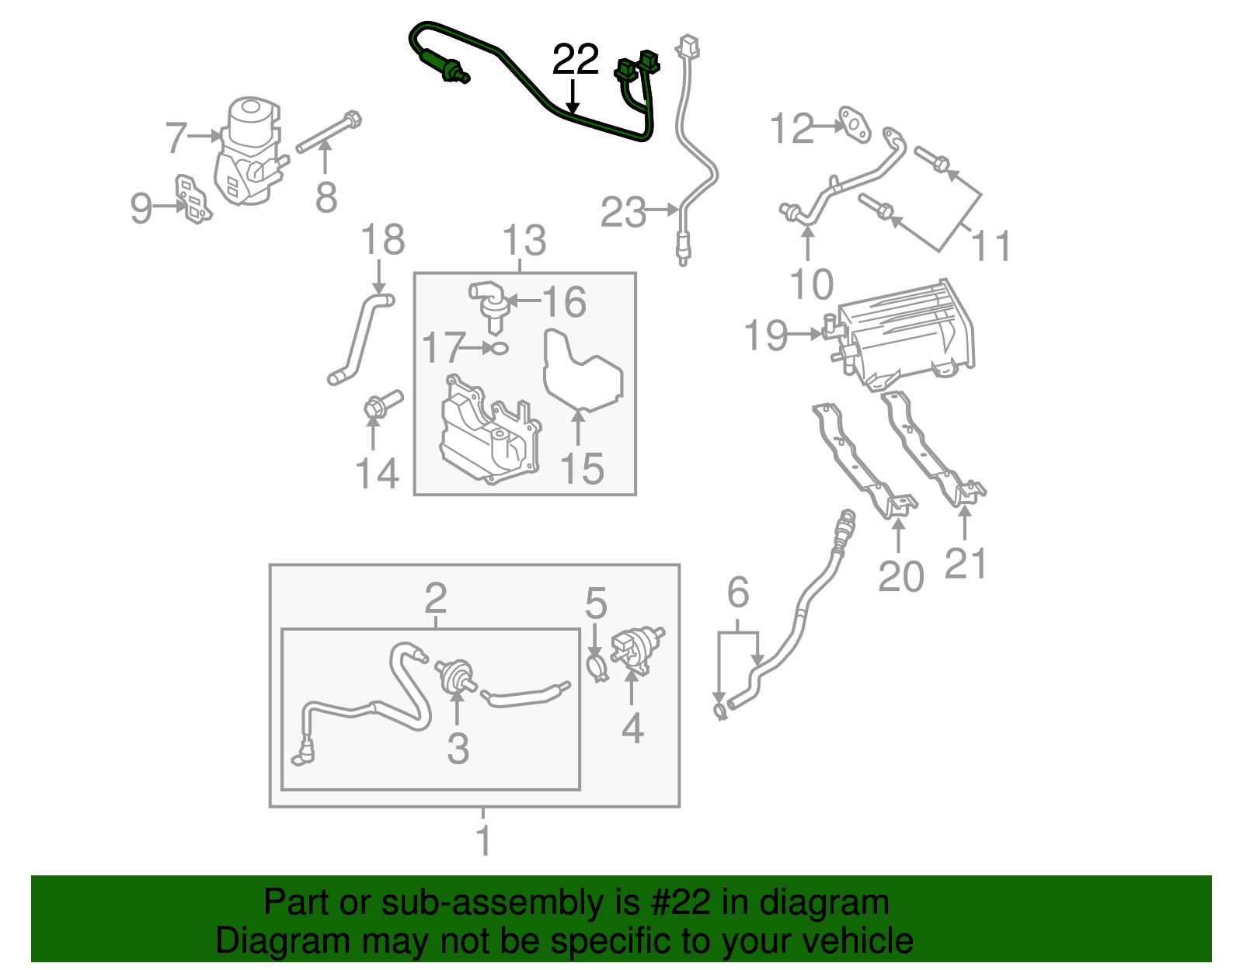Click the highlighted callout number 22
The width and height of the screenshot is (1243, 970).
[576, 60]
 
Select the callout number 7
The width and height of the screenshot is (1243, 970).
[177, 137]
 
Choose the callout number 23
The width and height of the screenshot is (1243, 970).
[623, 211]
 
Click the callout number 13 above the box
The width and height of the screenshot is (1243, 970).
[524, 240]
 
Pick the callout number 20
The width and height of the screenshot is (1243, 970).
[900, 575]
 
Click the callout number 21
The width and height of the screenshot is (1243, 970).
[966, 562]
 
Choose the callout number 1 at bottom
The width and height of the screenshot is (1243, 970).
[483, 840]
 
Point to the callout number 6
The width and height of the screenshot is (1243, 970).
[737, 593]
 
